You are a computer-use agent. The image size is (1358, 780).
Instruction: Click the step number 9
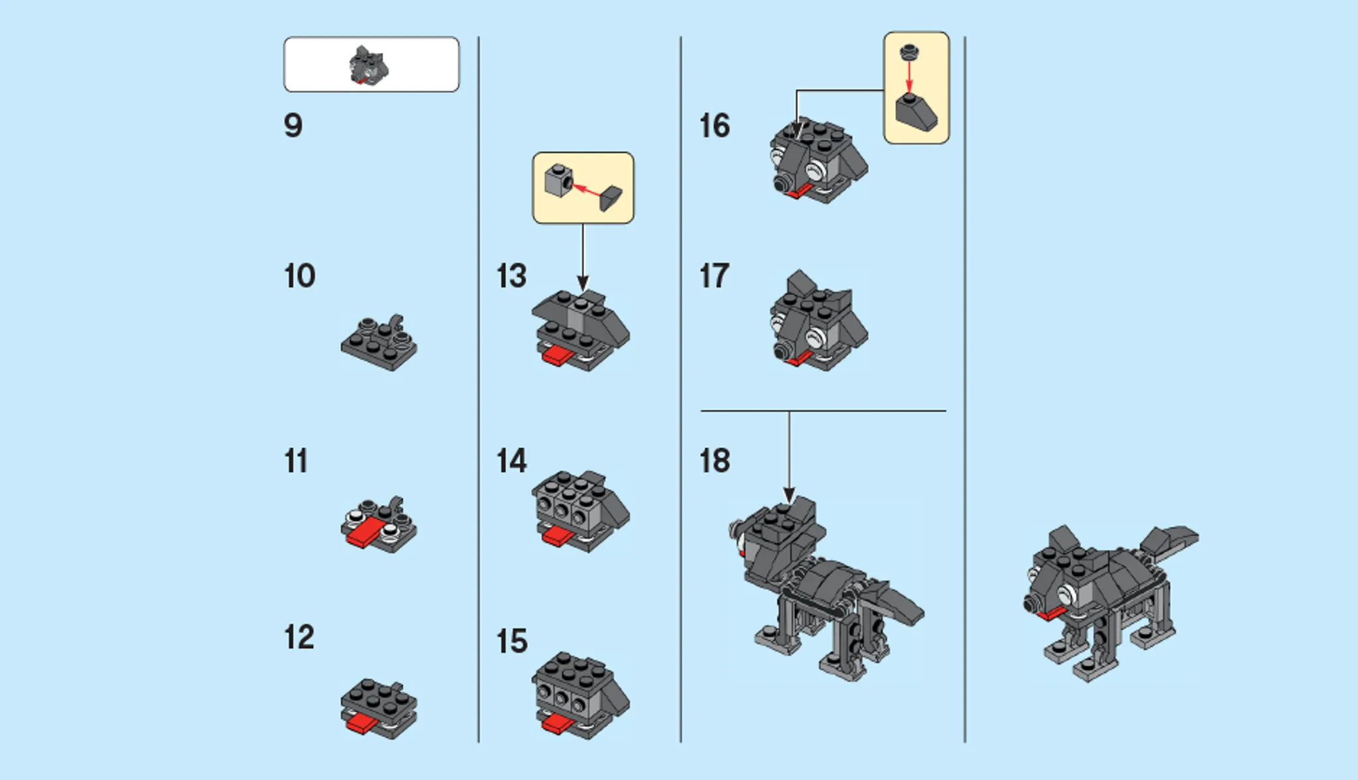point(293,126)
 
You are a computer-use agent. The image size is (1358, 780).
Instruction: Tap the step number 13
point(511,276)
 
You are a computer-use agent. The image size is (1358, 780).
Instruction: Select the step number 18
point(714,461)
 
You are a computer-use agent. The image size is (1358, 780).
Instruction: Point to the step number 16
point(714,126)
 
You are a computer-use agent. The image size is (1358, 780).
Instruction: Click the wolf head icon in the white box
point(369,66)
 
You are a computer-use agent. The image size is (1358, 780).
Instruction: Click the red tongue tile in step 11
point(364,533)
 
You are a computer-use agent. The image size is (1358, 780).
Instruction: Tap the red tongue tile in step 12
point(362,723)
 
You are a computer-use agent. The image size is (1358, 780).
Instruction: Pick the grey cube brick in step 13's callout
point(558,180)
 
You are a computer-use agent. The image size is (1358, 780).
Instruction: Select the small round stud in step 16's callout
point(908,51)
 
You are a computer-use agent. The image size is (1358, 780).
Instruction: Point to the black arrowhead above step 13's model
point(583,283)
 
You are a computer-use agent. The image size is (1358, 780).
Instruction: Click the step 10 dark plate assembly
point(378,345)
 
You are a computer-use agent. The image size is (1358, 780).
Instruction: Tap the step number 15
point(511,641)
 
